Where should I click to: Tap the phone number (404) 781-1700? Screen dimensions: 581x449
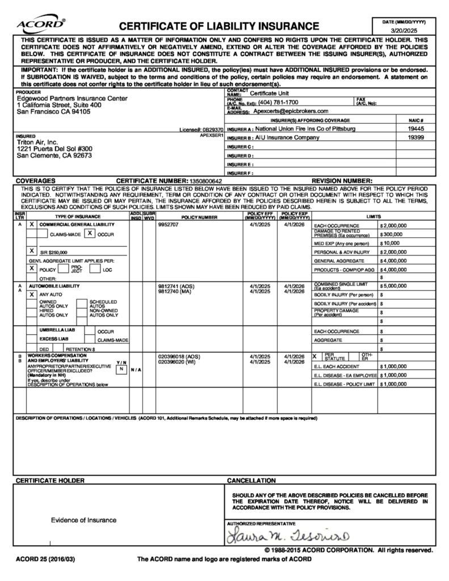278,103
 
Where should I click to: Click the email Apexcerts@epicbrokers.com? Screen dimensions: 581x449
291,111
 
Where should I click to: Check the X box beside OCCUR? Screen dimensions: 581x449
89,233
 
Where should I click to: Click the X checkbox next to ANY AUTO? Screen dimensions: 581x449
32,294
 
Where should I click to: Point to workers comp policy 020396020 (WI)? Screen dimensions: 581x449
177,361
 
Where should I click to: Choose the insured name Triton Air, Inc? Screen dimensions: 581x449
37,142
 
